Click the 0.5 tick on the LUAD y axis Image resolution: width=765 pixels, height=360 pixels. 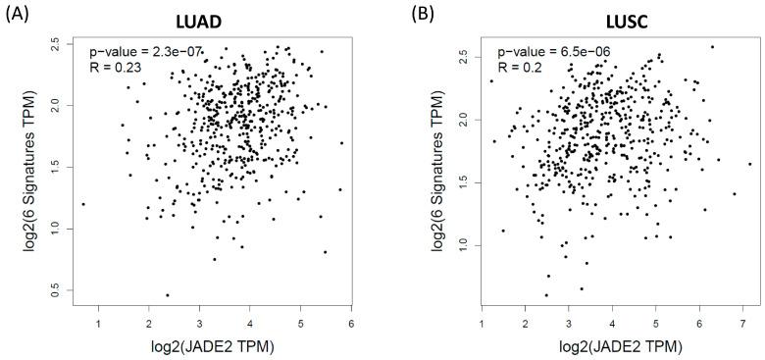click(54, 292)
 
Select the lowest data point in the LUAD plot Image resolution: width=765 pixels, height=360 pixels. click(167, 294)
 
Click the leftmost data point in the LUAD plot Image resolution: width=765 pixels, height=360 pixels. click(83, 204)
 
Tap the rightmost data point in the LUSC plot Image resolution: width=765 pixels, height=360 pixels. click(750, 164)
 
